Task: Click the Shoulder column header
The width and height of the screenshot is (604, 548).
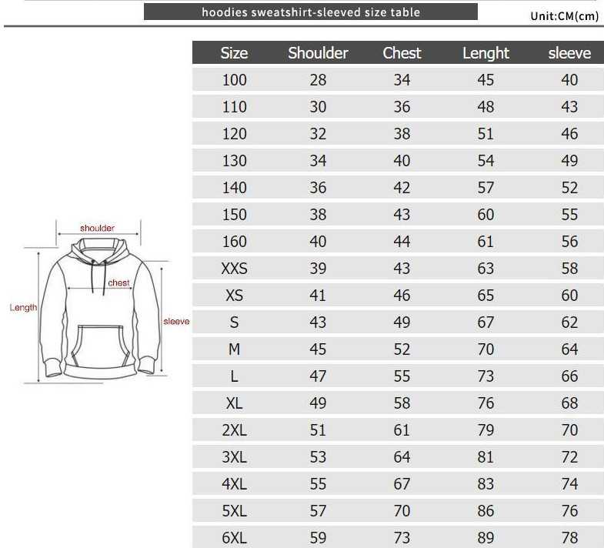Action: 318,53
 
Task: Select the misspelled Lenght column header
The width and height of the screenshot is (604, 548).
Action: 486,54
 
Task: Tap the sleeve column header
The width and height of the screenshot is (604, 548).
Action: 569,53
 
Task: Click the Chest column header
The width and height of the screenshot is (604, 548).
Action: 402,53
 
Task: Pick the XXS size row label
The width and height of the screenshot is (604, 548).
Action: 234,268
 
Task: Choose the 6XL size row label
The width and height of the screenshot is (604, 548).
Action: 234,537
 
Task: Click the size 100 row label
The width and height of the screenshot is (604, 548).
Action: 234,80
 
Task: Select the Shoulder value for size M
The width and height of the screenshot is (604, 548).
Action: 318,349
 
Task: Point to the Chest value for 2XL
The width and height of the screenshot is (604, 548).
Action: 402,430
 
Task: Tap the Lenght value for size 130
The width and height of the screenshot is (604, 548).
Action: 486,161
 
